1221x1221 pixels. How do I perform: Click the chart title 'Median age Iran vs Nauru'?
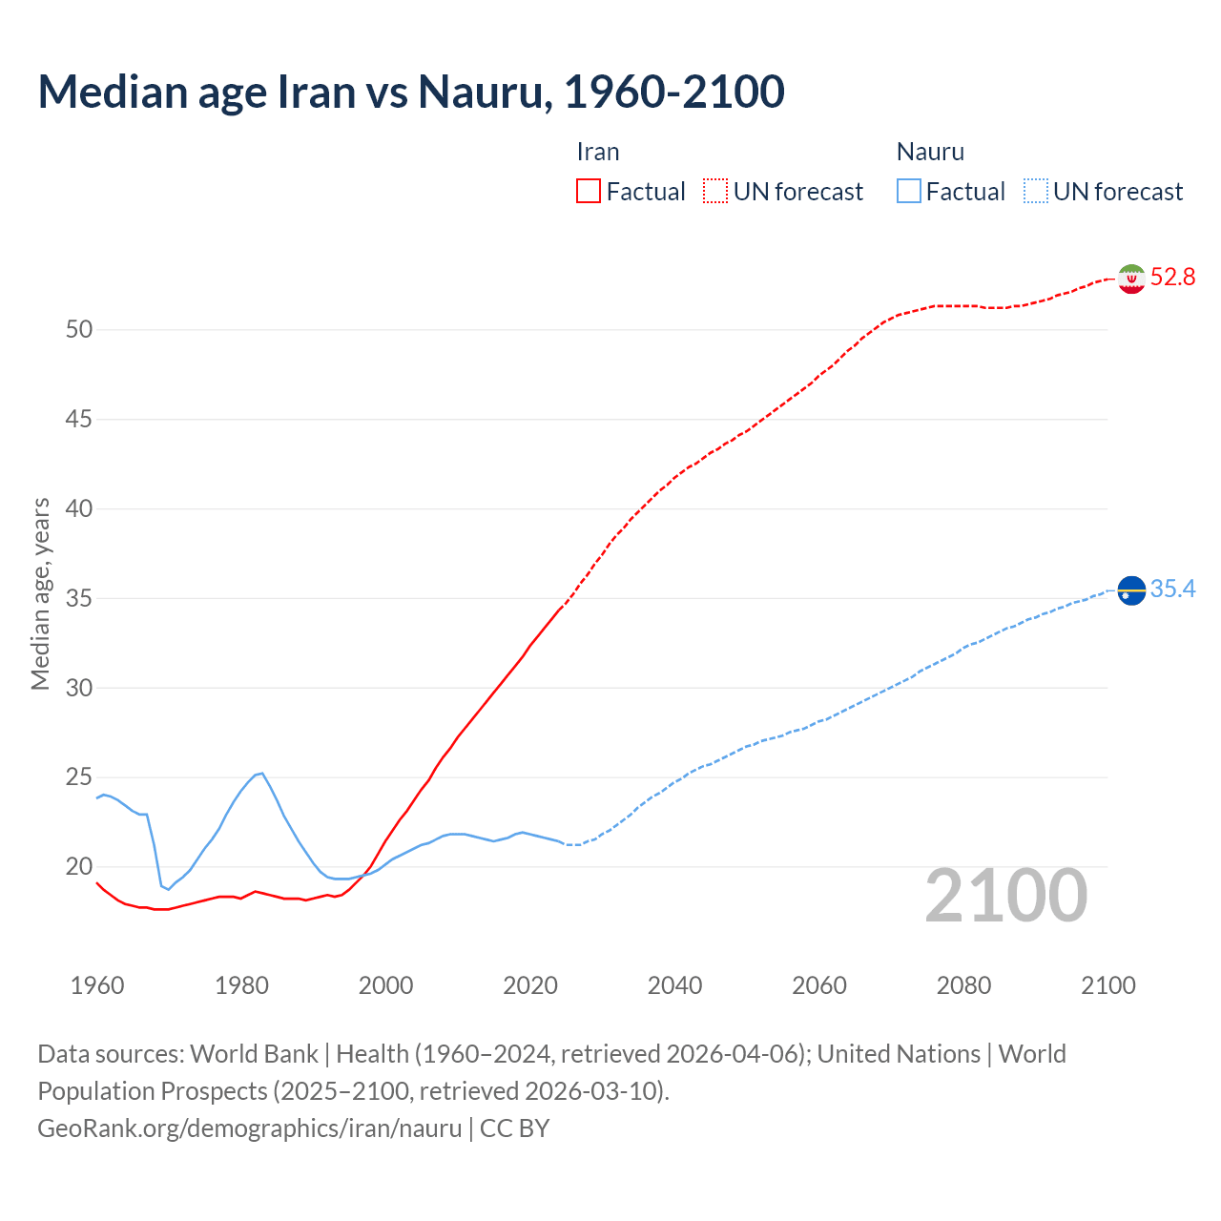coord(410,92)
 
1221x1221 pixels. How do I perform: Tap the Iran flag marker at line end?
coord(1131,279)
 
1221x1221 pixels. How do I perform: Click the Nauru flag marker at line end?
coord(1131,591)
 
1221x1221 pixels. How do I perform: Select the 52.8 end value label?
coord(1172,278)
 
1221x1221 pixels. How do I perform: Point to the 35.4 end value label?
coord(1172,590)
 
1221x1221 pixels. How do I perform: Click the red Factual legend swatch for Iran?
coord(589,192)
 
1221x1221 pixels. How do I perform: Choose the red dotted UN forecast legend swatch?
coord(715,192)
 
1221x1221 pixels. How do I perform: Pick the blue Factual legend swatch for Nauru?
coord(909,192)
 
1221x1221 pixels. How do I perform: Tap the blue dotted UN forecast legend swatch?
coord(1036,192)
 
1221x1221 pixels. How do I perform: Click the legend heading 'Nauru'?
coord(930,153)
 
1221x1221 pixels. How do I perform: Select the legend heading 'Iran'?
coord(598,153)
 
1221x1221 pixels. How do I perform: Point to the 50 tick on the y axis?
coord(79,330)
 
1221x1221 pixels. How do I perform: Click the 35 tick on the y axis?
coord(79,599)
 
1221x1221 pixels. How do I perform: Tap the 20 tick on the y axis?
coord(79,867)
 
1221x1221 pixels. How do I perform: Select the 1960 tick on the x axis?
coord(97,985)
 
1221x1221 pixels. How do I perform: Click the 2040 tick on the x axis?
coord(674,985)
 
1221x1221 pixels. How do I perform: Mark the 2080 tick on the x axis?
coord(963,985)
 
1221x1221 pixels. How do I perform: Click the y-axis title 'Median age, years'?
coord(40,593)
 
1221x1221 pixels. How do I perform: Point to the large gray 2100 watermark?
coord(1006,896)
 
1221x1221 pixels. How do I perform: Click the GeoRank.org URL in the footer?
coord(250,1128)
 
